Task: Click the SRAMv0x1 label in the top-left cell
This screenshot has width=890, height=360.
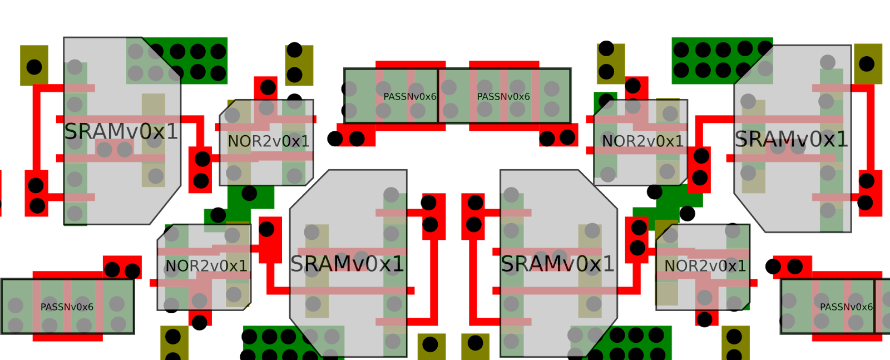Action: pyautogui.click(x=121, y=132)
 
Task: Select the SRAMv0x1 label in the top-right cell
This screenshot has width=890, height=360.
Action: pyautogui.click(x=791, y=139)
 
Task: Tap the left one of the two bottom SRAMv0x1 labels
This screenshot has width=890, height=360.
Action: pyautogui.click(x=347, y=264)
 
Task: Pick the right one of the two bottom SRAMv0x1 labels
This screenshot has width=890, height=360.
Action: pyautogui.click(x=557, y=264)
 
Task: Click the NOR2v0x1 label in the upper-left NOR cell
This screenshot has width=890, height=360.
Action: pyautogui.click(x=269, y=141)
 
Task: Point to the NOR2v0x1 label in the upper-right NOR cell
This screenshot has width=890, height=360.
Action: pyautogui.click(x=642, y=141)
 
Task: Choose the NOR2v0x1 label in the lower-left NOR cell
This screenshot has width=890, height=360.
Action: pyautogui.click(x=206, y=266)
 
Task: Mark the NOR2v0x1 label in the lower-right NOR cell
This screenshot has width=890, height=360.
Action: pyautogui.click(x=705, y=266)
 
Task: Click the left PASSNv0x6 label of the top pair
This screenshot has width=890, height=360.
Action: pyautogui.click(x=409, y=97)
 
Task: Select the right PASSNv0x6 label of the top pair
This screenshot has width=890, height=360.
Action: pyautogui.click(x=503, y=97)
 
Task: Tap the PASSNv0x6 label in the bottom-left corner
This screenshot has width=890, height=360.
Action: pyautogui.click(x=67, y=307)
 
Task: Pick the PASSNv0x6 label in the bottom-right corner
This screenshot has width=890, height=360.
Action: pyautogui.click(x=846, y=307)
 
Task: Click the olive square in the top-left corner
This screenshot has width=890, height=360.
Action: pyautogui.click(x=34, y=66)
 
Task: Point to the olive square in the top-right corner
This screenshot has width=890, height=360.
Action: pyautogui.click(x=868, y=64)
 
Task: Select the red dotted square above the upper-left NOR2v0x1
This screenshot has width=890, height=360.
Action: pyautogui.click(x=266, y=88)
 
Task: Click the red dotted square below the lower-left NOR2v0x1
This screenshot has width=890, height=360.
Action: pyautogui.click(x=200, y=319)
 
